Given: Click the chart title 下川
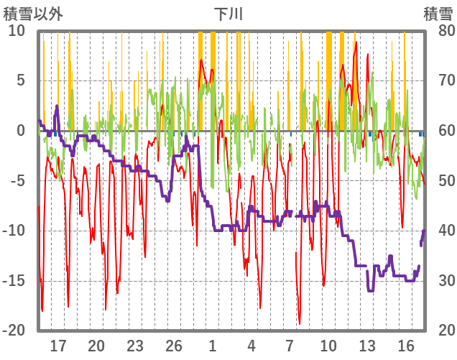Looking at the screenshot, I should [228, 13].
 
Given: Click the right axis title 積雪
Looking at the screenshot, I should [438, 13].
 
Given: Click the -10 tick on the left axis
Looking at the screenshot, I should [14, 231].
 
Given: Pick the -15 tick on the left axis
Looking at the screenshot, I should [14, 281].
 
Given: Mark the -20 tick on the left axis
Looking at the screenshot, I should [14, 331].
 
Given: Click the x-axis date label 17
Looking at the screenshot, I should [58, 346].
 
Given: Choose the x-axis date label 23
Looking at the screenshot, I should [135, 346].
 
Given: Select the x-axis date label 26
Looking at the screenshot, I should [174, 346].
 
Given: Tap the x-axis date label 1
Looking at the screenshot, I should [213, 346].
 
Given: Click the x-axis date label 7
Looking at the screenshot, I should [290, 346].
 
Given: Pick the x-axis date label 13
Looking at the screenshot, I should [368, 346].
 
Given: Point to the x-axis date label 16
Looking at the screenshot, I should [407, 346].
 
